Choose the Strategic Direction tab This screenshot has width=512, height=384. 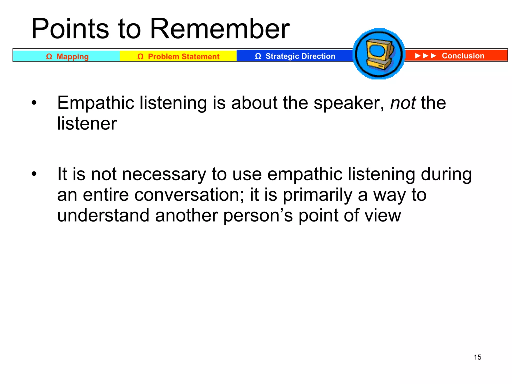[295, 56]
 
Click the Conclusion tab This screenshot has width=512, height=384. [463, 56]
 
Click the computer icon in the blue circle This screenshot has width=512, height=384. [379, 54]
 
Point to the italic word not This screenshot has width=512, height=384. [403, 103]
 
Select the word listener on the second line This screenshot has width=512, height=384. [87, 123]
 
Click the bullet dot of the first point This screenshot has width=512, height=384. [34, 103]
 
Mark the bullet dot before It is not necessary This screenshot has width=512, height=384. [34, 174]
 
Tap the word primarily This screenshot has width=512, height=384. [317, 195]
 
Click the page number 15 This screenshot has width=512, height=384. [477, 357]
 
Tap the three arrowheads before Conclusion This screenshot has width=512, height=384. [425, 56]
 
